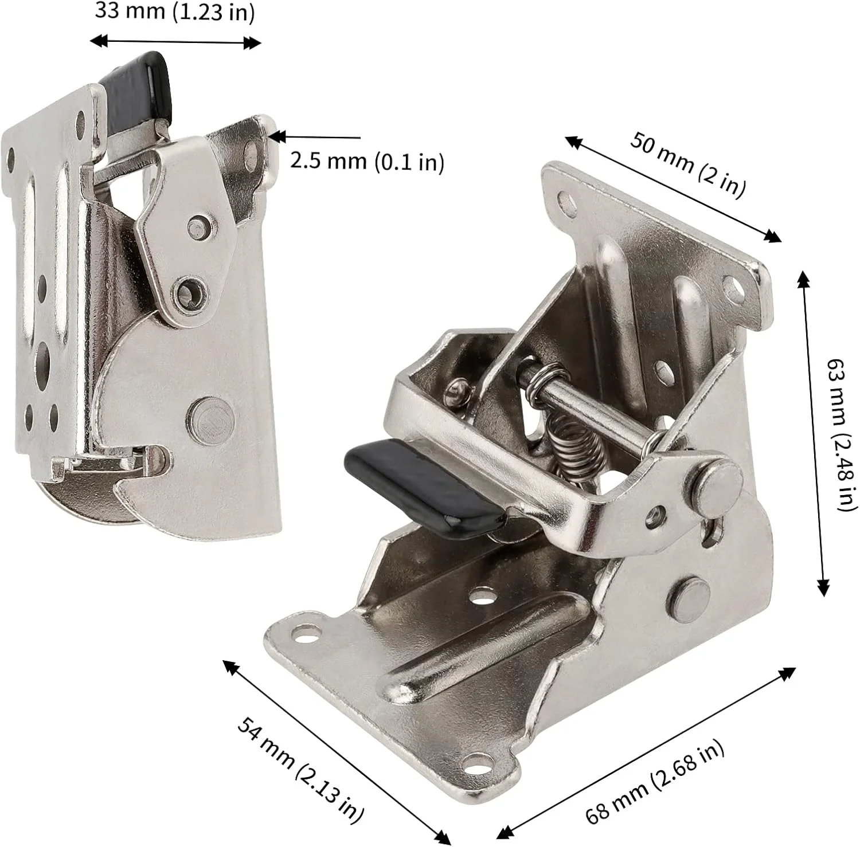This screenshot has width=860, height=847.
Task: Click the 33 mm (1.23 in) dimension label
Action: [174, 11]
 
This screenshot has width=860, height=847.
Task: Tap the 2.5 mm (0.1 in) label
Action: [367, 161]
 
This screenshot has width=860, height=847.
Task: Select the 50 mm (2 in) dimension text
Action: [688, 164]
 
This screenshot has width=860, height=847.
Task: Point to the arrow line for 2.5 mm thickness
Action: [315, 137]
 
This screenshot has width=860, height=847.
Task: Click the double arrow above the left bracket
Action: [176, 42]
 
